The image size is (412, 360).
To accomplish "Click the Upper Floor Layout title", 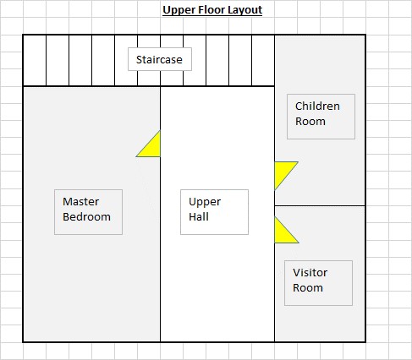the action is [x=212, y=10].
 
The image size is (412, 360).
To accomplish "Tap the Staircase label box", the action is [x=160, y=59].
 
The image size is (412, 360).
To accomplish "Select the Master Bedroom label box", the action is [x=88, y=212].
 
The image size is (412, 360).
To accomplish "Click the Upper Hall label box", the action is [x=214, y=212].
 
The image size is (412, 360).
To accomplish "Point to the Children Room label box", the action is [x=321, y=117].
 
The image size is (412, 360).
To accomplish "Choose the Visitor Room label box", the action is [x=318, y=283].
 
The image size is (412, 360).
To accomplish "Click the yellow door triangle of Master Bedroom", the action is [x=152, y=148].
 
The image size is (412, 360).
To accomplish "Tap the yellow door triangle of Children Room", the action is [x=283, y=171].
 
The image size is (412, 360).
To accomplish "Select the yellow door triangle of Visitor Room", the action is [x=283, y=234].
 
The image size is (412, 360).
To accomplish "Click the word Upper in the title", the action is [x=179, y=10].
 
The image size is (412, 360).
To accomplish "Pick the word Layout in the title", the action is [x=245, y=10].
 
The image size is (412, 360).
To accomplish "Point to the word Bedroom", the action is [x=86, y=217].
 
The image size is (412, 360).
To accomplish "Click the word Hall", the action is [x=199, y=217].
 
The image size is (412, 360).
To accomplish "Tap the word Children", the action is [x=317, y=106].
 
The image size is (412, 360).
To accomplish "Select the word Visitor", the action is [x=310, y=273].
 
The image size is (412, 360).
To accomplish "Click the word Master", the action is [x=80, y=202].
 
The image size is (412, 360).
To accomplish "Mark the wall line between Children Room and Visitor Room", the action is [x=320, y=205].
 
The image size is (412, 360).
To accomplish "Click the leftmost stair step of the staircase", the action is [x=35, y=60].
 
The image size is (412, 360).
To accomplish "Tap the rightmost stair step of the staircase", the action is [x=263, y=60].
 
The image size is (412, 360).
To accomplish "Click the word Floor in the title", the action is [x=211, y=10].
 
